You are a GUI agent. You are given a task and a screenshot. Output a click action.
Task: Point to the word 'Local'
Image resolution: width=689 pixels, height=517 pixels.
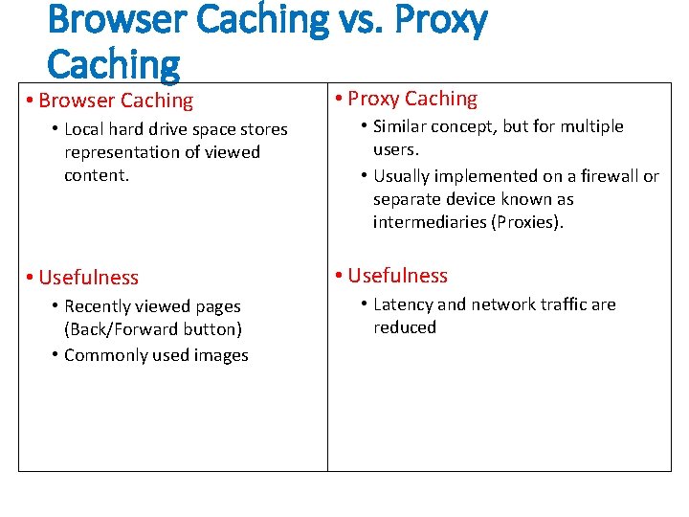coord(83,129)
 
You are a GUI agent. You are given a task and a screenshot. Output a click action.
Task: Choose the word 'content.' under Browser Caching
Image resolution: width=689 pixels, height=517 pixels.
coord(97,175)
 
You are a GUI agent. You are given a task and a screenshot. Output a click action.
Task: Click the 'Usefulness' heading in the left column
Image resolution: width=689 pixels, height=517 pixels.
coord(88,278)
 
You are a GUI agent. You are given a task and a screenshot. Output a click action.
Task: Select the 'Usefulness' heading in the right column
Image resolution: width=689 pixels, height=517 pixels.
coord(397,276)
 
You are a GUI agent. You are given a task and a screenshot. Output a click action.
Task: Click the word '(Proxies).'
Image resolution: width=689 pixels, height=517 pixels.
coord(528,222)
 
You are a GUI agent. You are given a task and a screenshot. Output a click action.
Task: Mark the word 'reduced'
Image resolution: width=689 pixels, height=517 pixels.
coord(405,327)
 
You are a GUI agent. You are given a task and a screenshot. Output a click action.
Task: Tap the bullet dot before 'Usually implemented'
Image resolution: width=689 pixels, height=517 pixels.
coord(365,176)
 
